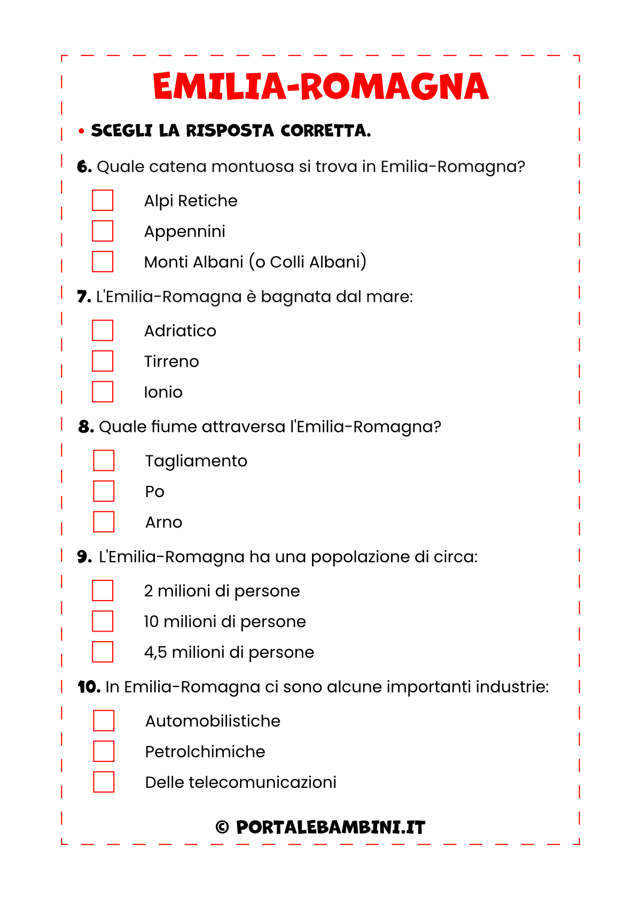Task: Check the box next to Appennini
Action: point(103,231)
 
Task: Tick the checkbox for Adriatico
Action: point(103,330)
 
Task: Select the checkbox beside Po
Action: point(104,491)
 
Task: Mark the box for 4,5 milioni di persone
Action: point(103,652)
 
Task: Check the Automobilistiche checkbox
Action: point(104,721)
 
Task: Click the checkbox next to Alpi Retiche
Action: point(103,201)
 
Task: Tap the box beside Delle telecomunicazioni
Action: point(104,782)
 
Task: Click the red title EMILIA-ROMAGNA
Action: point(320,86)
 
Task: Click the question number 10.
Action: point(89,687)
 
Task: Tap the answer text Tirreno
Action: point(171,361)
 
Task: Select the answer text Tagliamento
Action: point(196,461)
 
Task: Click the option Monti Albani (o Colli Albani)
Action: point(255,262)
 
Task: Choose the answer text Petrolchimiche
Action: point(205,752)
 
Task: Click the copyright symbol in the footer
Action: point(222,828)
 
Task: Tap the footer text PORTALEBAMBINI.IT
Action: point(331,828)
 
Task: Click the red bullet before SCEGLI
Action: point(81,131)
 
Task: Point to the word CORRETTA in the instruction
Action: point(325,131)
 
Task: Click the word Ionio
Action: point(163,392)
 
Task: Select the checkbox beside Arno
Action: point(104,522)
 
